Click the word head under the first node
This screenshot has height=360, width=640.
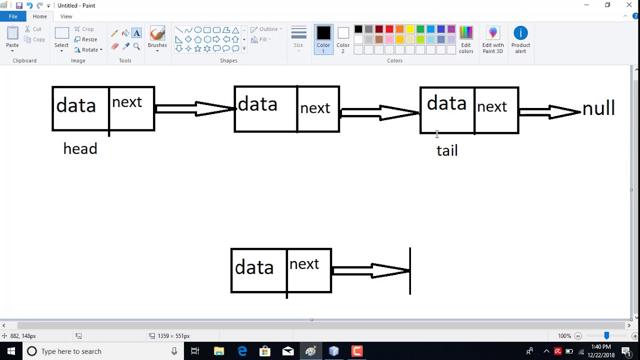coord(80,149)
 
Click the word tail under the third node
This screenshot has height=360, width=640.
coord(447,150)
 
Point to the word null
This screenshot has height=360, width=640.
coord(598,108)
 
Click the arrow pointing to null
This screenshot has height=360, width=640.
coord(550,112)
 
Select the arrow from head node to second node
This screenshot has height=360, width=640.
coord(195,109)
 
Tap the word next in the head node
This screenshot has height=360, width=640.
coord(127,102)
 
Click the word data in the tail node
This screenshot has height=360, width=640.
coord(446,103)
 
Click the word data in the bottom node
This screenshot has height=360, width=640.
coord(254,267)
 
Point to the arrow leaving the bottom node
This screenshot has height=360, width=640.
coord(371,271)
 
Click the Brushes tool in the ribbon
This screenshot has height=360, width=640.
coord(157,38)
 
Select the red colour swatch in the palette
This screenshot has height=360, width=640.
coord(389,29)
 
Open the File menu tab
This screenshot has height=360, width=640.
coord(13,16)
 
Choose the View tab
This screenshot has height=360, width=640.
coord(66,16)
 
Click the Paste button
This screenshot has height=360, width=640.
coord(12,38)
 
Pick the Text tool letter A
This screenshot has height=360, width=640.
coord(136,33)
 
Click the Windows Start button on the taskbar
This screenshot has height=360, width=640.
coord(11,351)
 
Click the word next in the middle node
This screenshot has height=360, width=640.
coord(315,108)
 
